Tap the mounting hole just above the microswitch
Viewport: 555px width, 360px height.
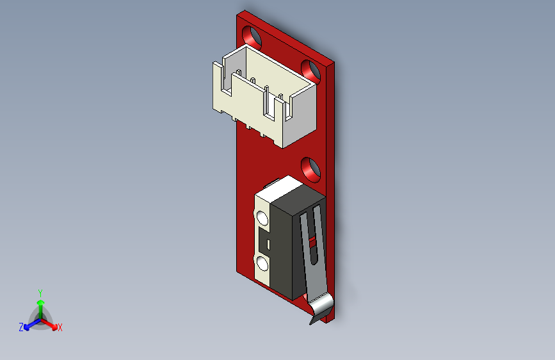coord(311,168)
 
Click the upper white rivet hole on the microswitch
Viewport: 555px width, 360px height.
coord(262,218)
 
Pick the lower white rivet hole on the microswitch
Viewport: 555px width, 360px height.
coord(262,263)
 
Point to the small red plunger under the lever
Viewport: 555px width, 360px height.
coord(312,243)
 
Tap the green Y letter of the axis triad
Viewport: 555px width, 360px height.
coord(40,291)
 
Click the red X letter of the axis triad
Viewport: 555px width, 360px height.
coord(60,328)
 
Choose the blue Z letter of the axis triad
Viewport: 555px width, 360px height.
coord(21,327)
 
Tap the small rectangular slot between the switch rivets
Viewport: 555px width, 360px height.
coord(268,243)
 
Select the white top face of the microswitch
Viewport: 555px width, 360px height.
coord(281,188)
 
